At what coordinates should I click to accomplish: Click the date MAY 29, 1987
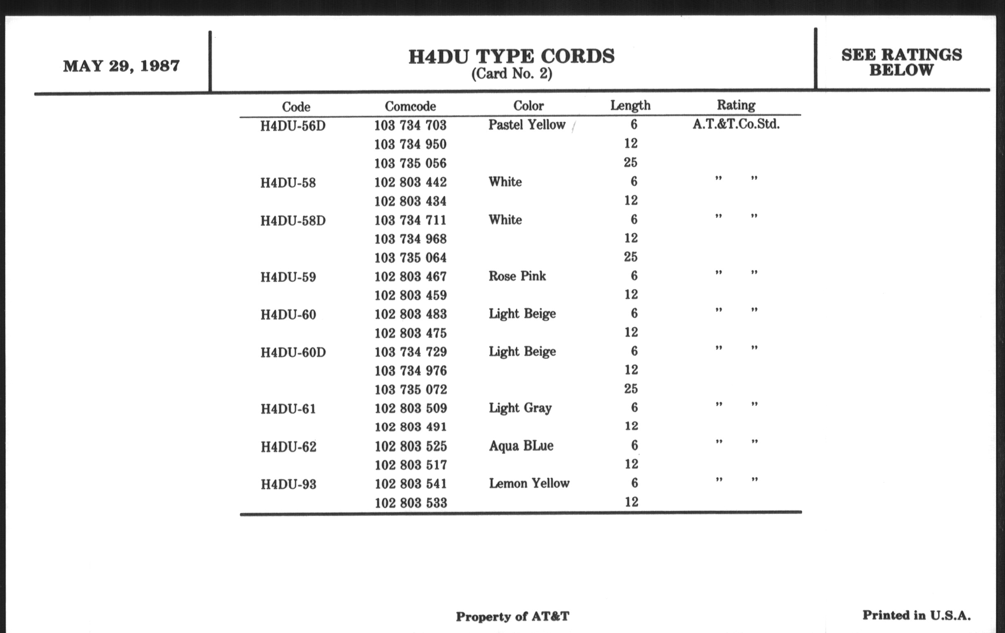(121, 66)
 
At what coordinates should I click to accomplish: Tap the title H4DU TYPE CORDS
(511, 56)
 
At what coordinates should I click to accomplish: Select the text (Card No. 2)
(512, 74)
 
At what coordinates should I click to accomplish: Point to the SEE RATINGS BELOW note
(902, 62)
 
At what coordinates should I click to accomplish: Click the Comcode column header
(410, 106)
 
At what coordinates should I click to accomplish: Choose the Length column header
(630, 105)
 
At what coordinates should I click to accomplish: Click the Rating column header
(736, 105)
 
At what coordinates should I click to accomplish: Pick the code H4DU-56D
(293, 126)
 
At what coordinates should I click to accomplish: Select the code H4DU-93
(288, 484)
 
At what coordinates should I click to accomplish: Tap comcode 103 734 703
(410, 125)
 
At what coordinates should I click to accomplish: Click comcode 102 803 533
(411, 503)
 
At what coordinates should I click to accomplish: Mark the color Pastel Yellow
(527, 125)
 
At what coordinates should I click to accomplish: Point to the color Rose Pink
(517, 276)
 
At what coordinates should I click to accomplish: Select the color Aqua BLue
(521, 446)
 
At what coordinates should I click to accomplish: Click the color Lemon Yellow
(529, 483)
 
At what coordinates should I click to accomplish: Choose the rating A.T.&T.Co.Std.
(736, 124)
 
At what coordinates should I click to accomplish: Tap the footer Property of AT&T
(512, 616)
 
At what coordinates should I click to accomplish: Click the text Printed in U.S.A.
(917, 615)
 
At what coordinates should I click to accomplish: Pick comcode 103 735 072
(411, 389)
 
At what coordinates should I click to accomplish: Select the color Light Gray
(520, 408)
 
